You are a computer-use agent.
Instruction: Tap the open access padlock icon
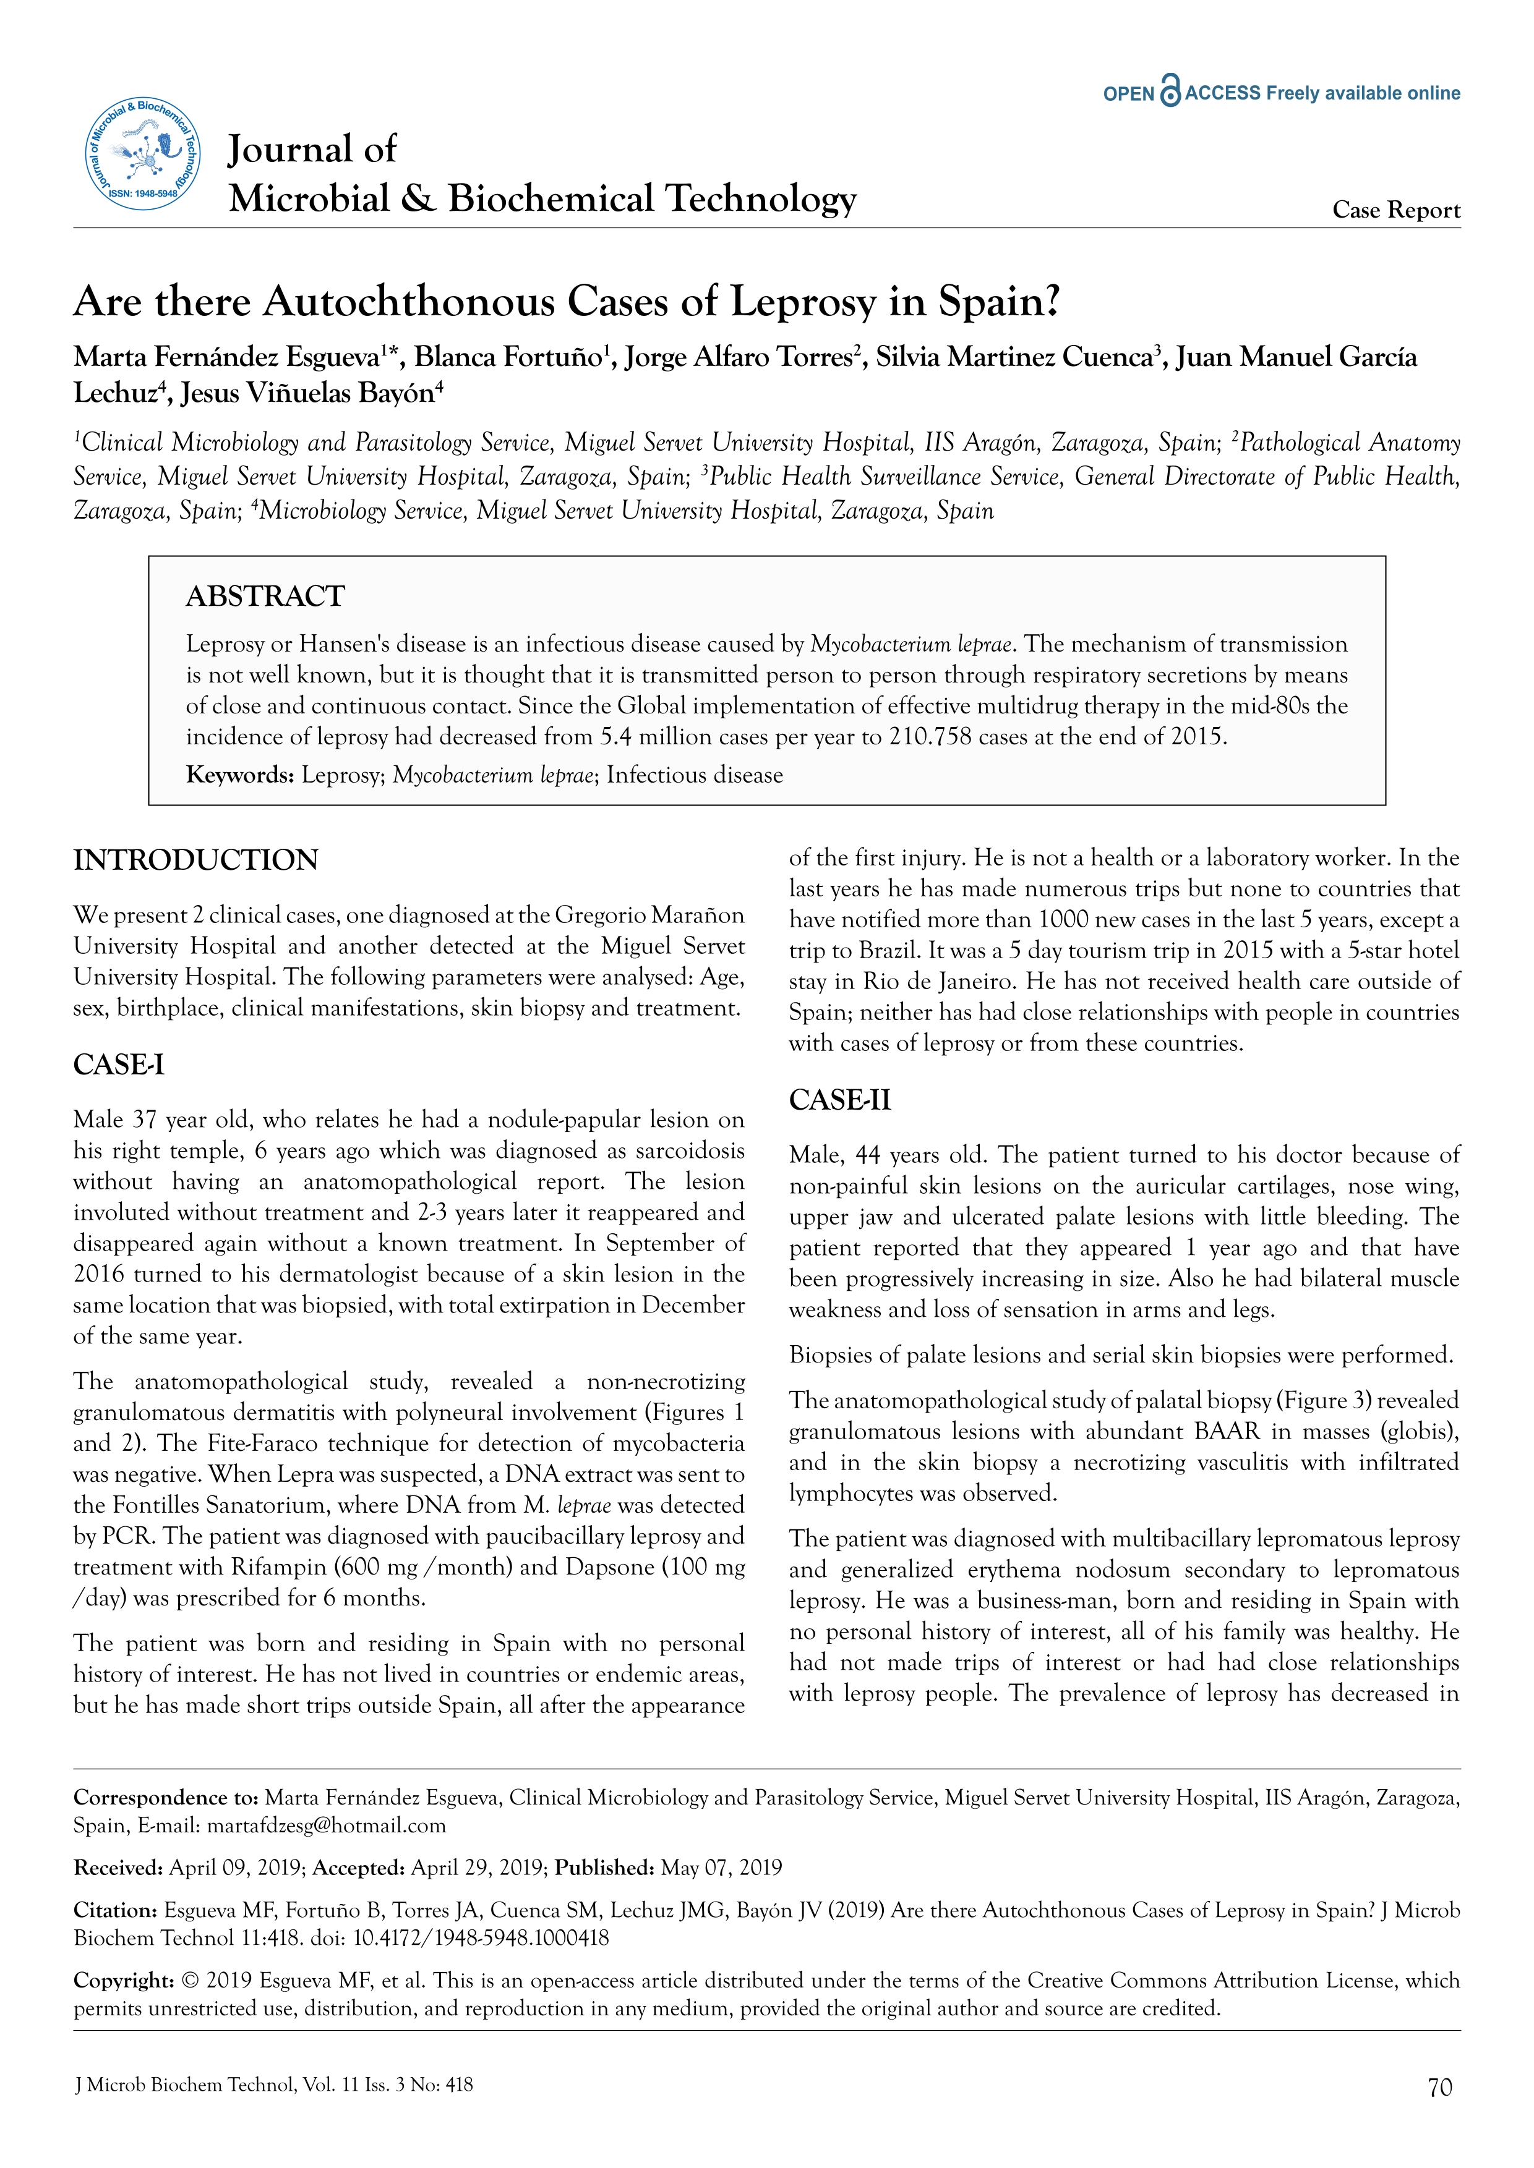click(1170, 91)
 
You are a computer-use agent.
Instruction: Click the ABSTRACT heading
click(265, 596)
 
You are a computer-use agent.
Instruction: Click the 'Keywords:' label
click(240, 775)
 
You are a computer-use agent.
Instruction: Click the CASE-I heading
click(119, 1065)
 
